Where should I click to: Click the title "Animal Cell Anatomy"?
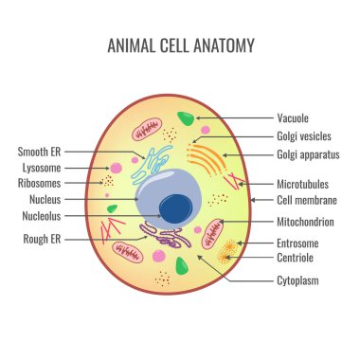tap(179, 45)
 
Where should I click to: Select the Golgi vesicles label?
tap(304, 137)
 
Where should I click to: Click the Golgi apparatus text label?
tap(309, 154)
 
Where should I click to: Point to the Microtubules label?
tap(303, 184)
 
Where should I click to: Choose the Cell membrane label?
tap(306, 201)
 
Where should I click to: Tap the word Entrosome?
tap(297, 243)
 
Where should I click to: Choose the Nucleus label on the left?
tap(45, 200)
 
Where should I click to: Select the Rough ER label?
tap(42, 239)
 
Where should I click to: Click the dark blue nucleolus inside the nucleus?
tap(173, 207)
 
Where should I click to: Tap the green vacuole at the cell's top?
tap(187, 119)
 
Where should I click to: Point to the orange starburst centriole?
tap(227, 252)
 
